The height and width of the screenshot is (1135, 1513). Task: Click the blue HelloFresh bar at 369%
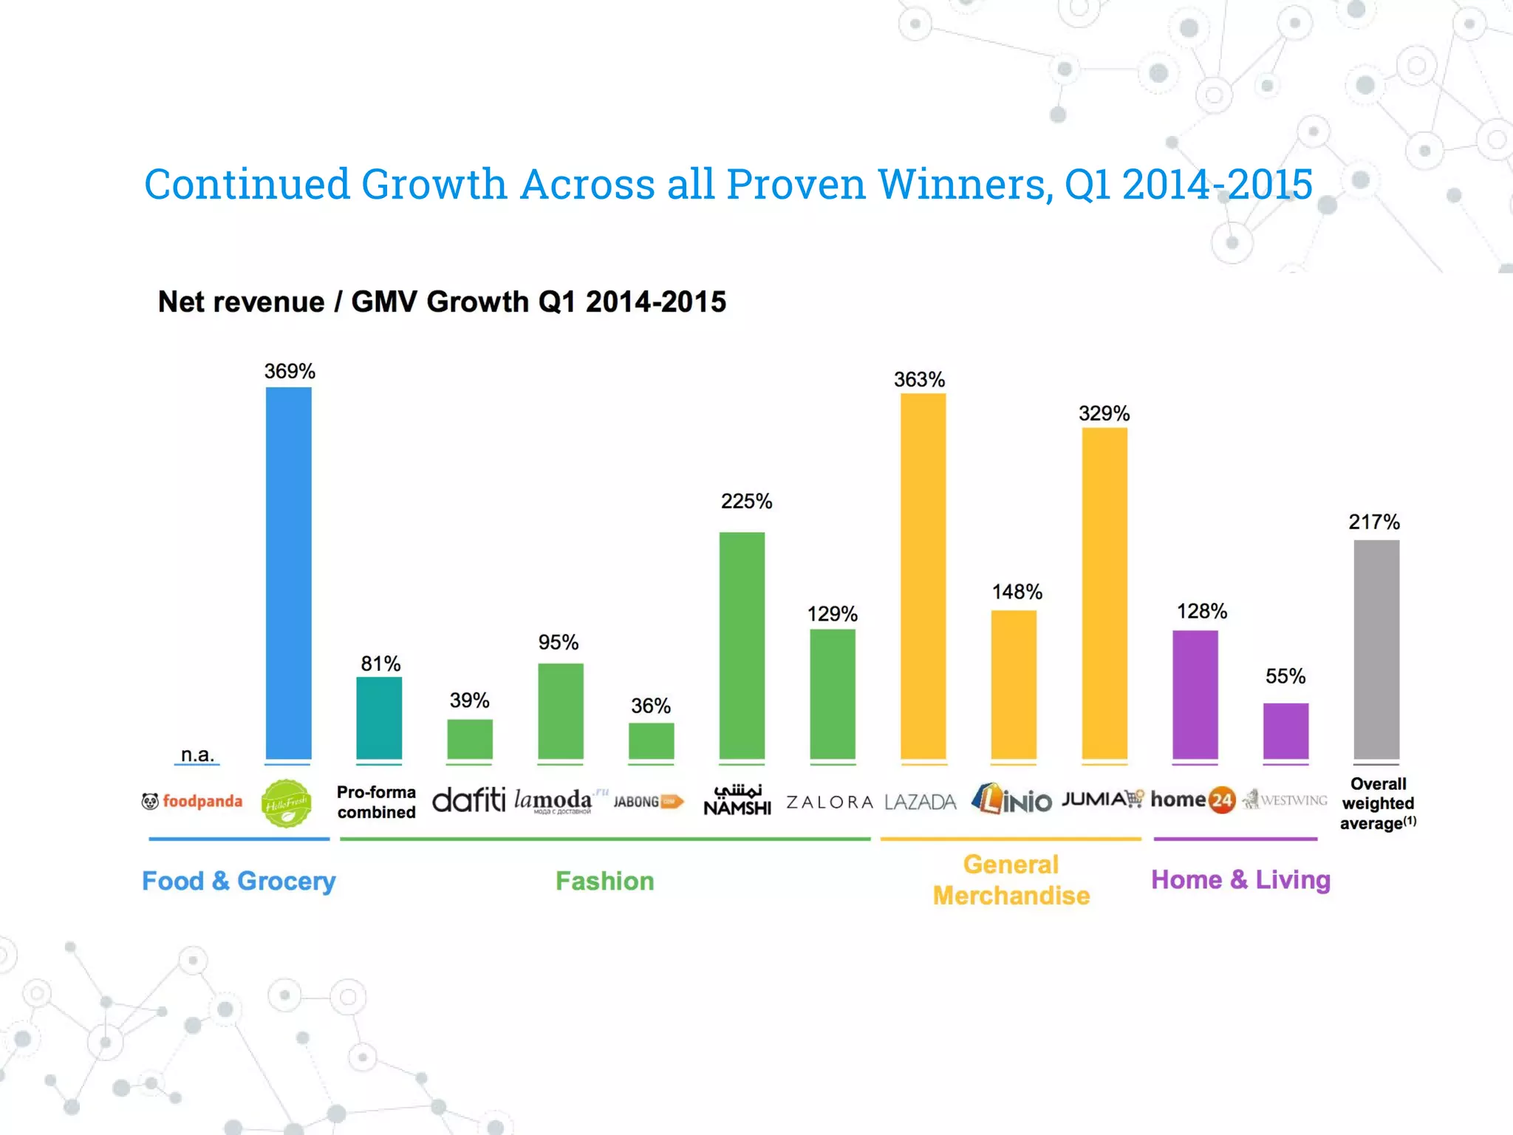[x=288, y=573]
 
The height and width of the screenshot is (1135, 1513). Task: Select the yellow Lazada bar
[x=923, y=576]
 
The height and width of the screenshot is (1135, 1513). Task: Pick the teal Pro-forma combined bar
[x=379, y=718]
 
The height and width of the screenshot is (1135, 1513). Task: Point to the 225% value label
[x=746, y=501]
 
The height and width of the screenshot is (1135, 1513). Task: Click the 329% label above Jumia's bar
[x=1104, y=413]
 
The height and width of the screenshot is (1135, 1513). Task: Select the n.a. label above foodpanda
[x=197, y=754]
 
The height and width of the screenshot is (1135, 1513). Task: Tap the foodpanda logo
[x=192, y=801]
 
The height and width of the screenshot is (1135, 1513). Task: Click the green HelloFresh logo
[x=287, y=803]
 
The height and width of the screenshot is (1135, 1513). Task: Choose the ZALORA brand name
[x=830, y=802]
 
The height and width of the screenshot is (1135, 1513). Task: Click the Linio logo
[x=1011, y=800]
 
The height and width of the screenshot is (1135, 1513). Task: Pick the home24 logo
[x=1192, y=800]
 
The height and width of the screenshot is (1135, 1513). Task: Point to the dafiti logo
[x=468, y=800]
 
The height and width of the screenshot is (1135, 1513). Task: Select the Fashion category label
[x=604, y=881]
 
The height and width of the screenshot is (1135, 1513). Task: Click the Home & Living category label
[x=1240, y=879]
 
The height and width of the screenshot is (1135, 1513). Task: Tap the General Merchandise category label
[x=1011, y=880]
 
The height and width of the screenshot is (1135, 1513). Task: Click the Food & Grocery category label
[x=239, y=881]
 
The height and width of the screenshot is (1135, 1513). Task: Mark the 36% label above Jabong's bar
[x=650, y=706]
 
